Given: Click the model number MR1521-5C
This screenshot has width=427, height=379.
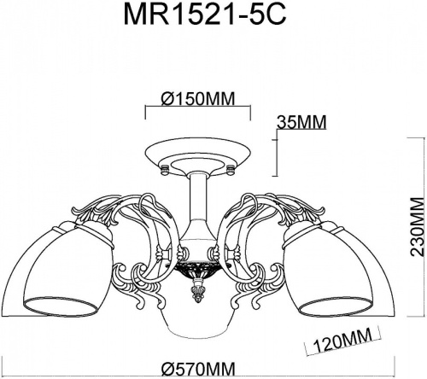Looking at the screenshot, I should pos(213,18).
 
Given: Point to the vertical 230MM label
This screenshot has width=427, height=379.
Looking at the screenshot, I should pos(416,229).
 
